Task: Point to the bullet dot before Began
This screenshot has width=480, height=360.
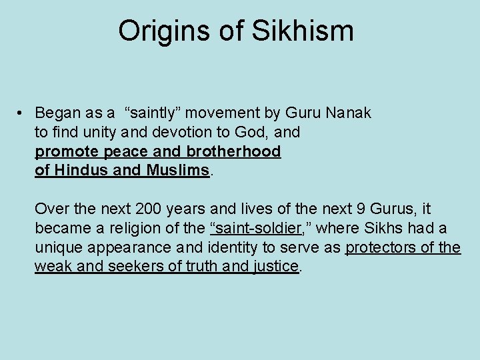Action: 22,113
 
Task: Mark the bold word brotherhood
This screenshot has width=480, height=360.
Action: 234,151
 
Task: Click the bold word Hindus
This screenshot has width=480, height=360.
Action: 81,170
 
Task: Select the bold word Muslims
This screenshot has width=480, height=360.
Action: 176,170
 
